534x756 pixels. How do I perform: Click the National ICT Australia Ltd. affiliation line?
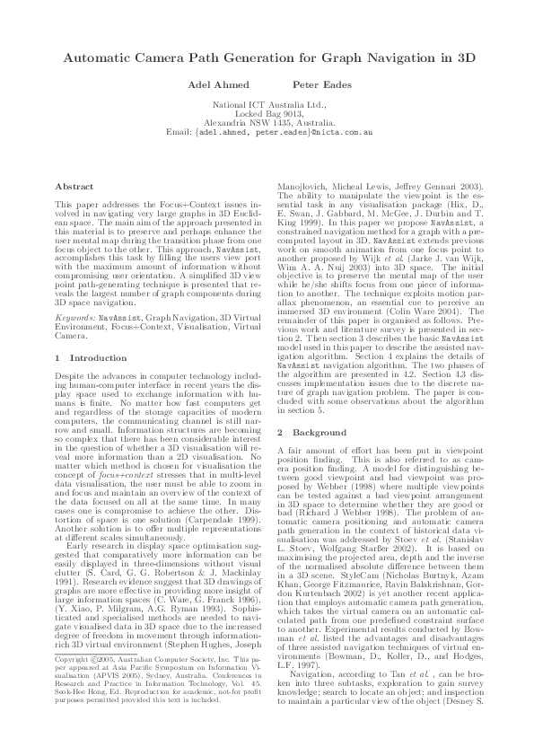click(x=267, y=105)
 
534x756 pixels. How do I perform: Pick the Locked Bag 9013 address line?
click(x=267, y=114)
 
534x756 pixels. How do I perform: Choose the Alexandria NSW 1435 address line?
click(x=267, y=123)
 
